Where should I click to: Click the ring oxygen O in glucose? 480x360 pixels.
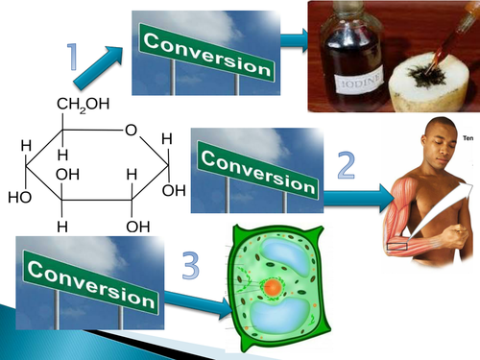(129, 131)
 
